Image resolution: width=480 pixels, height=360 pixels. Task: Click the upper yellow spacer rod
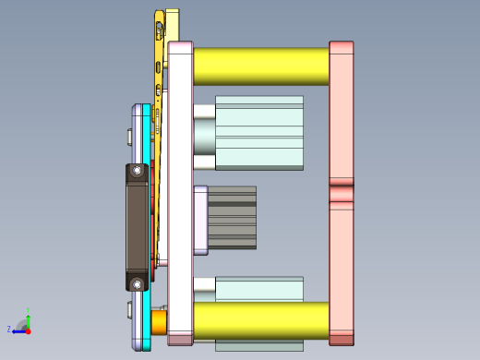click(260, 66)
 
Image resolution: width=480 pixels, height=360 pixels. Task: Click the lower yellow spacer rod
click(260, 319)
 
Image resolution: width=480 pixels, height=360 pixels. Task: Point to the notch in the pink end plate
click(342, 193)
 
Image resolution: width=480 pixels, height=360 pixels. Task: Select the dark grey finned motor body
click(233, 217)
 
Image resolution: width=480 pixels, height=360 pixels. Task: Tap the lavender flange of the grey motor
click(200, 220)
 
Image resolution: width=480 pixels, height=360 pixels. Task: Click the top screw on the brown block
click(138, 171)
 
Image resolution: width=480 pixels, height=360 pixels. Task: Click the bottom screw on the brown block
click(138, 283)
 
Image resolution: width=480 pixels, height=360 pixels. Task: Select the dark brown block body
click(137, 226)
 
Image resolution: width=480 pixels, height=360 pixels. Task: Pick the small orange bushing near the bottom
click(159, 321)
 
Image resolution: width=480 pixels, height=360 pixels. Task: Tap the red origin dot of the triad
click(28, 330)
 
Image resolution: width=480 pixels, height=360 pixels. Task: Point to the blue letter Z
click(9, 329)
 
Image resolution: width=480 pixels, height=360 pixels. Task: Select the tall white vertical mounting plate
click(179, 185)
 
